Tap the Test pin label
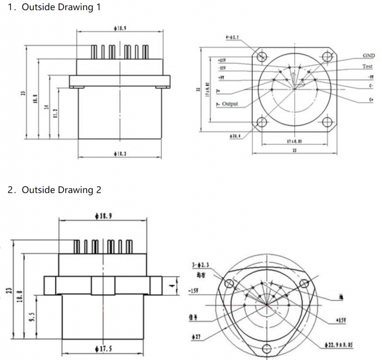367,66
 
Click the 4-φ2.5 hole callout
232,38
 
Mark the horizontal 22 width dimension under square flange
294,150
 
